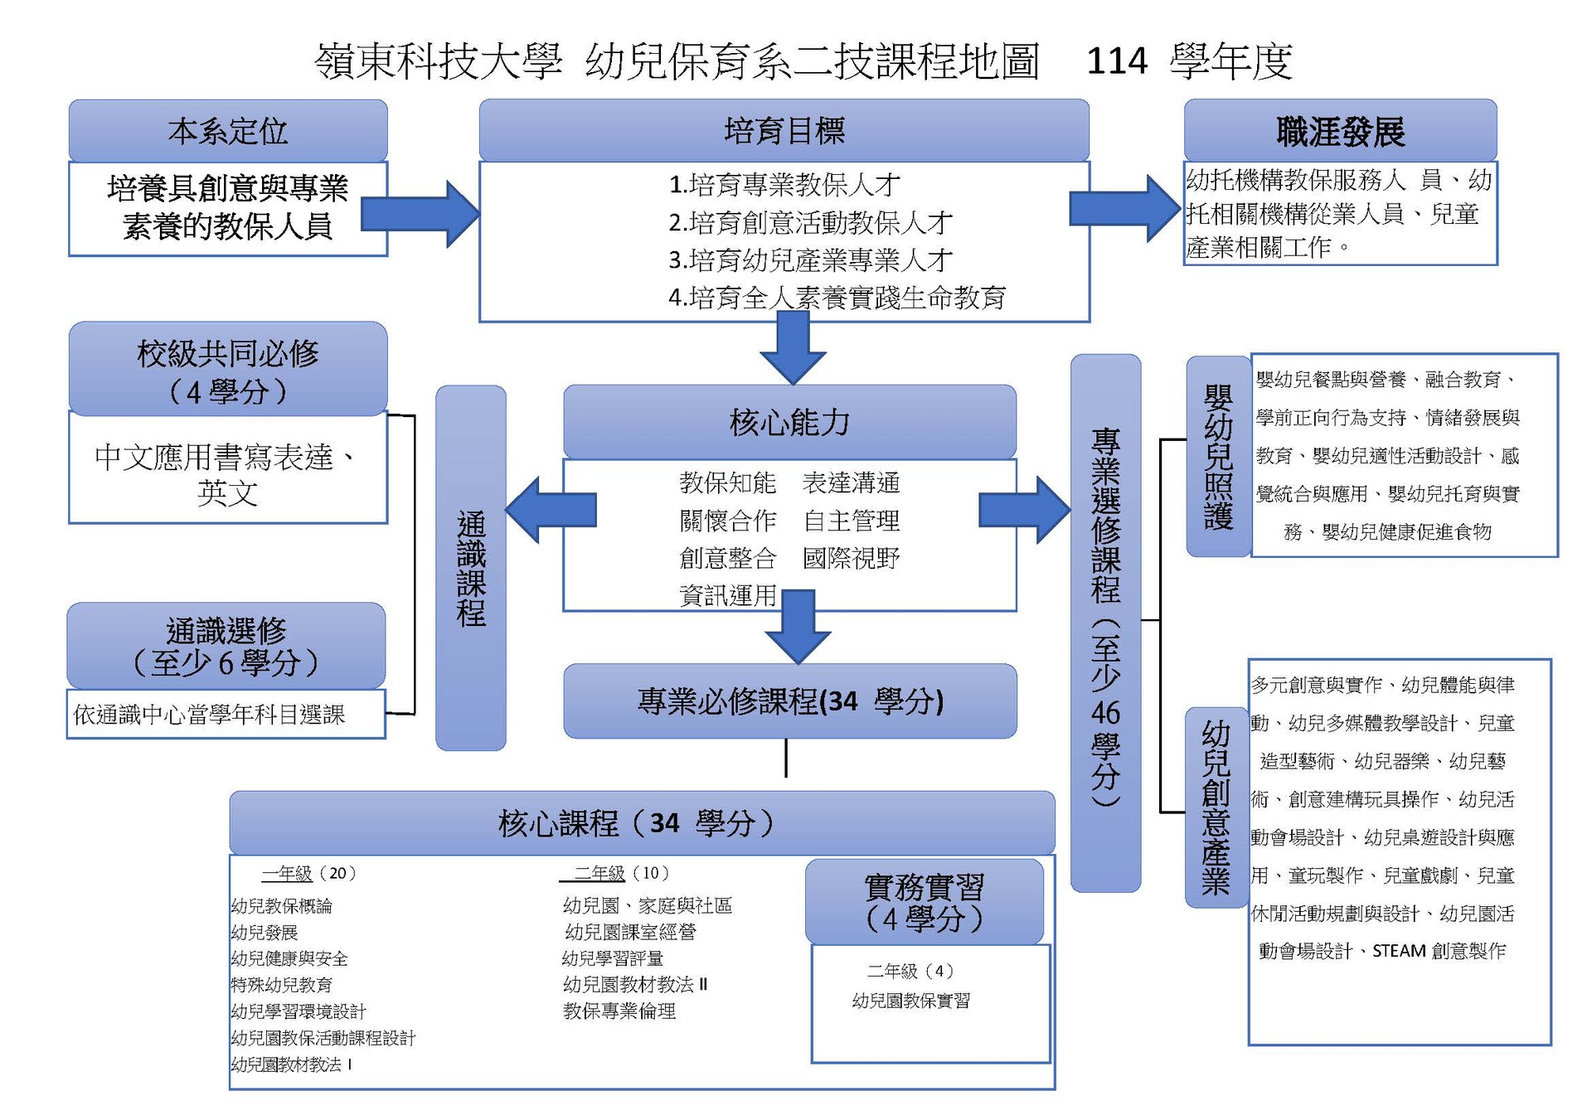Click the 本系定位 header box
[x=228, y=131]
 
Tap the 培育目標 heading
[x=784, y=130]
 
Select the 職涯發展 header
[x=1340, y=131]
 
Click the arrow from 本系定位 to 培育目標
[x=423, y=214]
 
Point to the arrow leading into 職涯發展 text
[x=1124, y=209]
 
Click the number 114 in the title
[x=1116, y=61]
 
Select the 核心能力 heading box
[x=789, y=422]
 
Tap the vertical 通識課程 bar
[x=471, y=568]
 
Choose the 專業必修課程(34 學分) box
[x=789, y=701]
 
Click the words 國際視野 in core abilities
[x=851, y=558]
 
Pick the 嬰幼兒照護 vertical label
[x=1218, y=457]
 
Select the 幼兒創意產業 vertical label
[x=1216, y=807]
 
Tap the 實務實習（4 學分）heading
[x=924, y=902]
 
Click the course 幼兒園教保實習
[x=910, y=1001]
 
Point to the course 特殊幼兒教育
[x=281, y=985]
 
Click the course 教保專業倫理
[x=619, y=1011]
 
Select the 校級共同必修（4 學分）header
[x=228, y=370]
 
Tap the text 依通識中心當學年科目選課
[x=209, y=715]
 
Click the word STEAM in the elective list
[x=1398, y=951]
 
